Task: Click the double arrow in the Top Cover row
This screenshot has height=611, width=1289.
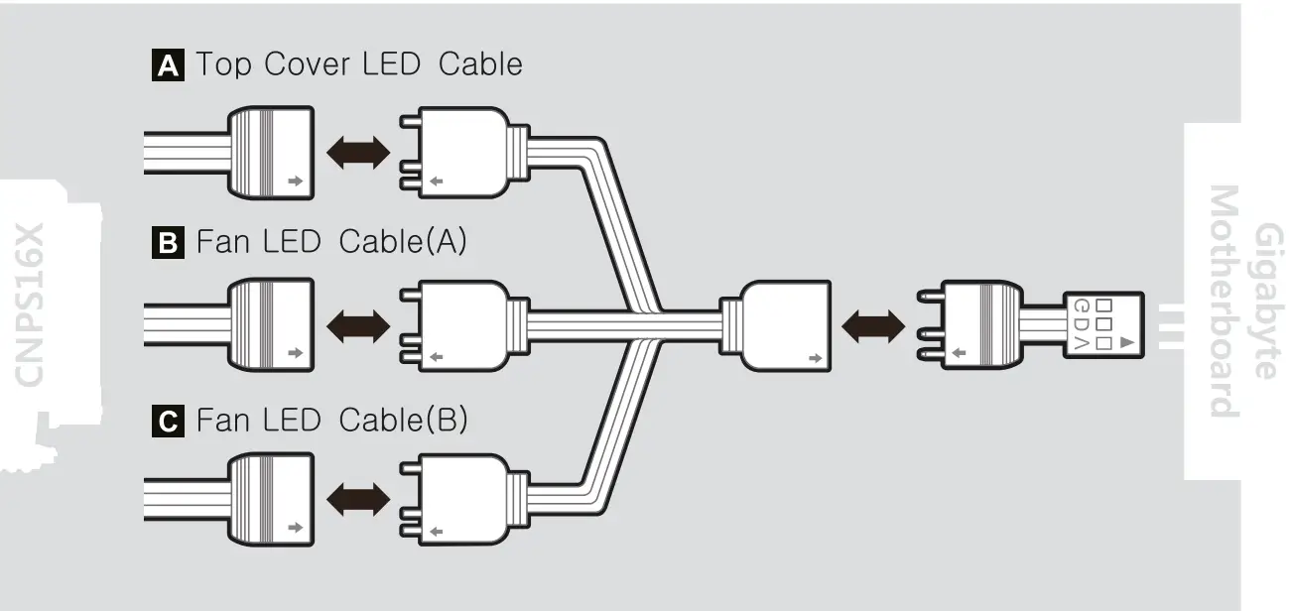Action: [x=357, y=153]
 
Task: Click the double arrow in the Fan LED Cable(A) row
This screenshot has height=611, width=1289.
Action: [x=357, y=324]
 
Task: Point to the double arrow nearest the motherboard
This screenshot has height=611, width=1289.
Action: [x=872, y=324]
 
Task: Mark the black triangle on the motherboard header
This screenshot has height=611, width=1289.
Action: [x=1125, y=343]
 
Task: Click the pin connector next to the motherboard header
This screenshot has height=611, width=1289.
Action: [x=977, y=324]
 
